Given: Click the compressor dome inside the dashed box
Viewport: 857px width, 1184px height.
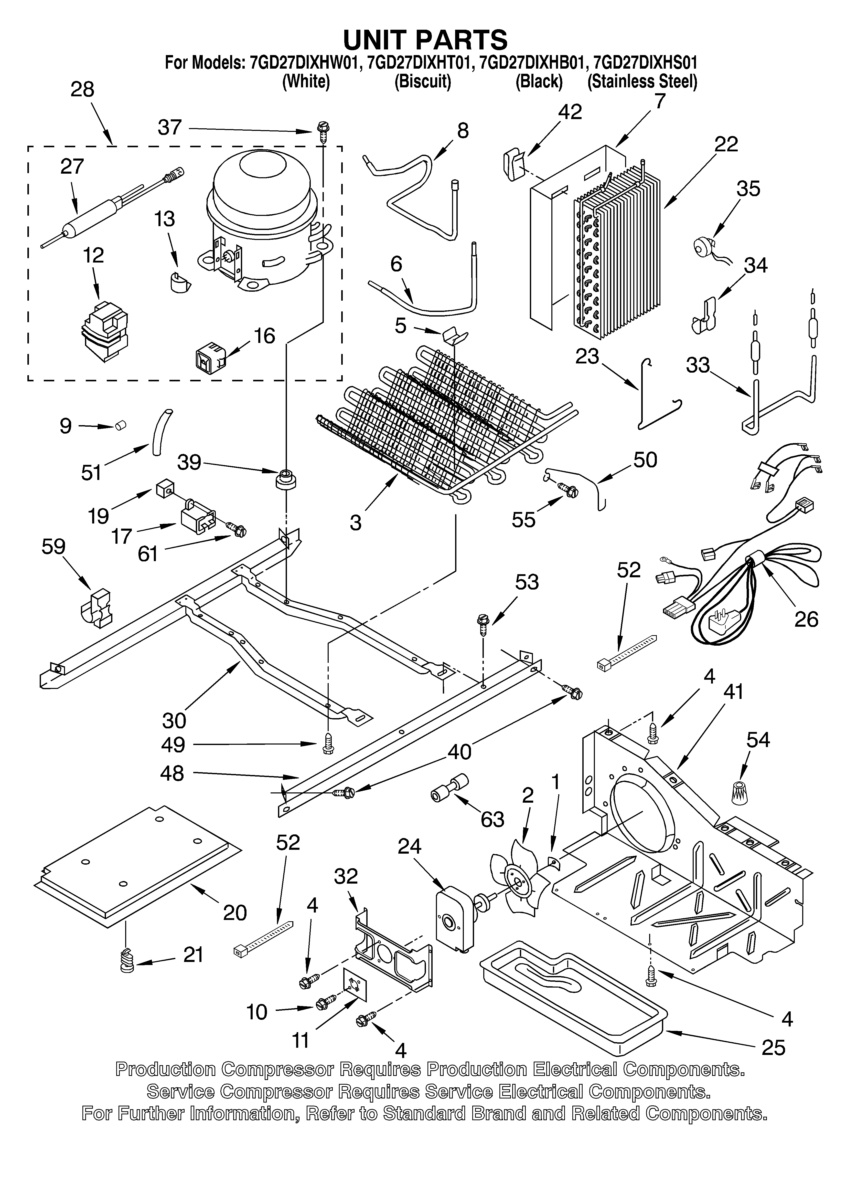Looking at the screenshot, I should point(261,204).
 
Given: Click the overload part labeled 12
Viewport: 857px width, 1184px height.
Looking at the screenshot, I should point(104,331).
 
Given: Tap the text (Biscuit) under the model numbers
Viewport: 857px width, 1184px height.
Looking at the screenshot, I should point(423,82).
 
